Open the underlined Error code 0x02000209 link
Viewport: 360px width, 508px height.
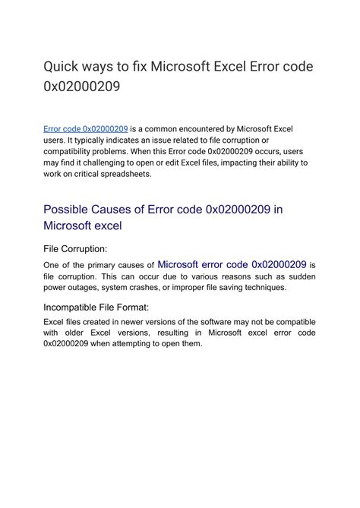(85, 130)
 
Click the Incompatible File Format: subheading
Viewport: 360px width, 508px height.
(96, 307)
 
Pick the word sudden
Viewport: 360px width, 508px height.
(298, 276)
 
